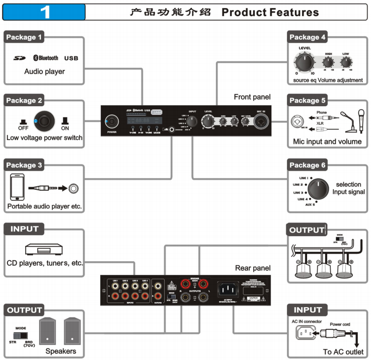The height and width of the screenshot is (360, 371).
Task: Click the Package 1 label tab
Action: click(24, 37)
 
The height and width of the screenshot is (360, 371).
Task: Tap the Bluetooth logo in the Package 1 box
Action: click(46, 58)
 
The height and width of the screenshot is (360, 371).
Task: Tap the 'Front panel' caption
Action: click(252, 97)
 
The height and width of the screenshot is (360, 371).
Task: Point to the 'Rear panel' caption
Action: click(253, 268)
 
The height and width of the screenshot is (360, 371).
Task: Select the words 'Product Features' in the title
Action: click(270, 13)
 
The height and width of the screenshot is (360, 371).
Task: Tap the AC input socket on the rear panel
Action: click(226, 290)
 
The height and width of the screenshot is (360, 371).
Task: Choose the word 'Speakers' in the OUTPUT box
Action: click(61, 351)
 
